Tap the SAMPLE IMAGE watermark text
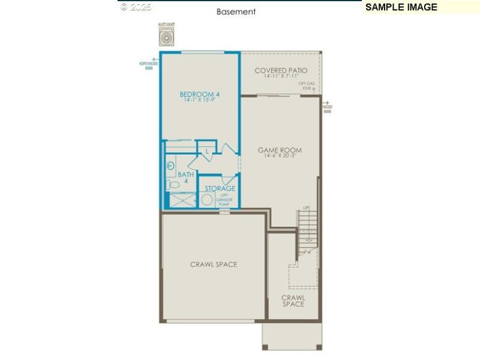[401, 7]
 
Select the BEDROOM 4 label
[200, 94]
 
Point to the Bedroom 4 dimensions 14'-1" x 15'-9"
[200, 100]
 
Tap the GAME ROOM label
[280, 150]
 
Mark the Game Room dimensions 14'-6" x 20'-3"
[280, 156]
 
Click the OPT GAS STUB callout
[307, 85]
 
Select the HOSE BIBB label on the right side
[328, 109]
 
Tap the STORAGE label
[220, 188]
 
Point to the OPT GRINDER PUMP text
[224, 199]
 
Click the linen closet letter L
[207, 151]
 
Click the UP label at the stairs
[306, 208]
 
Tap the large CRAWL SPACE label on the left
[214, 264]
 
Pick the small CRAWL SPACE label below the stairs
[293, 301]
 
